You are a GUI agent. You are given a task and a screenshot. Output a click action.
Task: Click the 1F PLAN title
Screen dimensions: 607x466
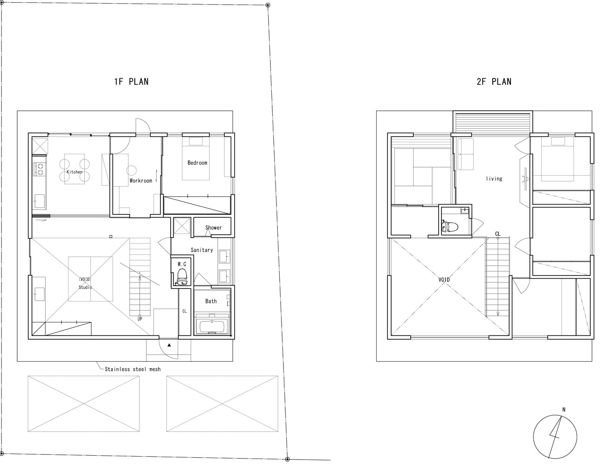[131, 82]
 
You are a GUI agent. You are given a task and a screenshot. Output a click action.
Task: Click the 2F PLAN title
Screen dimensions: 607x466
[494, 82]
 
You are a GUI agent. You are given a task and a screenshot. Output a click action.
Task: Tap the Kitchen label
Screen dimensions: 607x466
[74, 172]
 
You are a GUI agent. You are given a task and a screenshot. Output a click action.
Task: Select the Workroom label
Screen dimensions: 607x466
[141, 181]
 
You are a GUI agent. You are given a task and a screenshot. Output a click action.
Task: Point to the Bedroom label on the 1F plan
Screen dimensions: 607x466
[197, 163]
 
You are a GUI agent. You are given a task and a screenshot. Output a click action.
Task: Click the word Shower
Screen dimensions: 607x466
[214, 227]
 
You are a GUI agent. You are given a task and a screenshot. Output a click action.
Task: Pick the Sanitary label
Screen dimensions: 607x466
[202, 250]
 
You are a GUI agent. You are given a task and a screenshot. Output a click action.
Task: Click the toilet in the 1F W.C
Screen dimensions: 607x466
[182, 276]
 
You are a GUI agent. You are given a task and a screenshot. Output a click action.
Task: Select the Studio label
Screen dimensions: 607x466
[85, 288]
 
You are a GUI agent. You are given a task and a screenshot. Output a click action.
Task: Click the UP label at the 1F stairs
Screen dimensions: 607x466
[140, 319]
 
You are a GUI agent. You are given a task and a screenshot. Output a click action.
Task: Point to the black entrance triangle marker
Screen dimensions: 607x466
[169, 345]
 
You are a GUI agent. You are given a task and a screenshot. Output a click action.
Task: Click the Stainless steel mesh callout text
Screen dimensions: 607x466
[133, 369]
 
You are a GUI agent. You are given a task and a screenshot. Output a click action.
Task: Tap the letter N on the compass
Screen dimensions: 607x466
[564, 410]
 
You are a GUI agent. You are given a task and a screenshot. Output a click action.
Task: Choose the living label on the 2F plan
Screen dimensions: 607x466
[494, 178]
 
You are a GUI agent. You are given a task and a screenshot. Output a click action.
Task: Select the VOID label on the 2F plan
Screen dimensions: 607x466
[444, 280]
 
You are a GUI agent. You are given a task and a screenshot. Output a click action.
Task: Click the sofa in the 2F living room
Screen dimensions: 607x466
[465, 154]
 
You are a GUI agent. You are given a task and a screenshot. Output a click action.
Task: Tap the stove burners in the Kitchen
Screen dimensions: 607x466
[40, 169]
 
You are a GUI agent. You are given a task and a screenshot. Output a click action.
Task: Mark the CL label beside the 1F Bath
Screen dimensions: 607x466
[184, 311]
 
